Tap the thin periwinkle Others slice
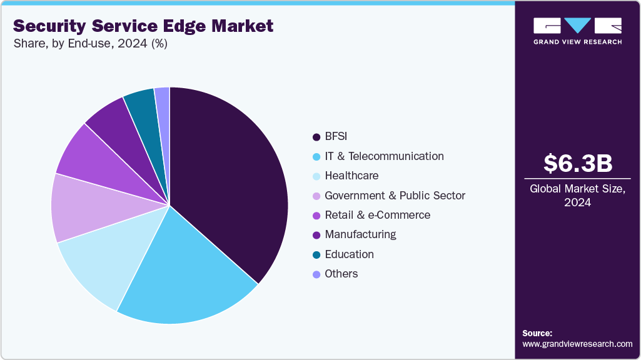(x=163, y=100)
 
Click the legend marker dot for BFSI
(x=316, y=137)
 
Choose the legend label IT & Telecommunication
(x=384, y=156)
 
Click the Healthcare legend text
(x=351, y=176)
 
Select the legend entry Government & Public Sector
(x=395, y=196)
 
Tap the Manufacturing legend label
(x=360, y=234)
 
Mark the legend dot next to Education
(x=316, y=254)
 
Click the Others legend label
(x=341, y=274)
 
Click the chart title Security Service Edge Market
(x=143, y=26)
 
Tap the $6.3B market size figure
(x=577, y=163)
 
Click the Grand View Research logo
(x=577, y=31)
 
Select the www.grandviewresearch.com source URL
(x=577, y=344)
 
